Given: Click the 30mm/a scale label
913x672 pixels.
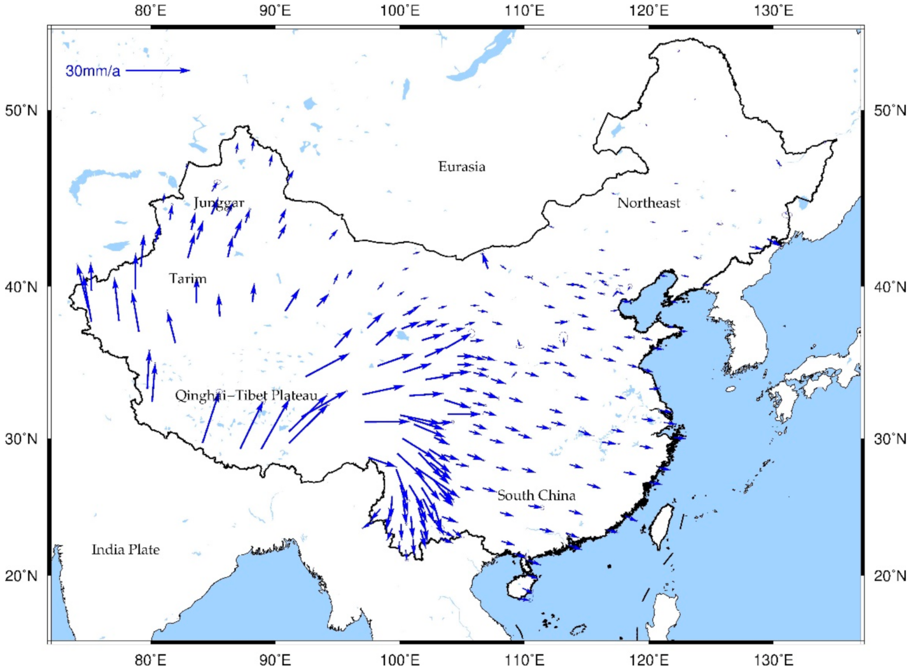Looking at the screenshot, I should coord(92,71).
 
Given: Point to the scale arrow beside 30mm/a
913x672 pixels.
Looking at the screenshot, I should coord(158,70).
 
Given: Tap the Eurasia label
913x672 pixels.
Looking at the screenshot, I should coord(462,167).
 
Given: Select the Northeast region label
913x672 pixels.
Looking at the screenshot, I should coord(648,203).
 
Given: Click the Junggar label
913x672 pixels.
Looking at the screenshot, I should coord(219,202).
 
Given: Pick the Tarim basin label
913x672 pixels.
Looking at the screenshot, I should coord(187,279).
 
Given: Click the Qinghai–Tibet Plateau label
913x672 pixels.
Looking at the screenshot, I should coord(246,396).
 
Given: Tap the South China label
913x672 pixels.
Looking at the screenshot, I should coord(536,495).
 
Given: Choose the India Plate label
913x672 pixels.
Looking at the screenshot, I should coord(126,550).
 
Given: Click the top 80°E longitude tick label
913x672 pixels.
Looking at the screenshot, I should coord(150,11).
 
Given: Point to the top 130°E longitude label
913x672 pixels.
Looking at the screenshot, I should coord(773,11).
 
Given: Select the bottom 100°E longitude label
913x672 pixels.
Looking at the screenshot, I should coord(400,660).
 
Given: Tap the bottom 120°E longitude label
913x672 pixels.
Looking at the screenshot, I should coord(649,660).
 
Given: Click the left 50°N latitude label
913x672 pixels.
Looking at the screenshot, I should coord(21,111).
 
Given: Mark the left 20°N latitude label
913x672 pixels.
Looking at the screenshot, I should coord(21,576).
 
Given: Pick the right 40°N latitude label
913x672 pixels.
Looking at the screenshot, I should coord(890,287).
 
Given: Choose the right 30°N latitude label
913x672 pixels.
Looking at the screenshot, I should coord(890,439).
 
